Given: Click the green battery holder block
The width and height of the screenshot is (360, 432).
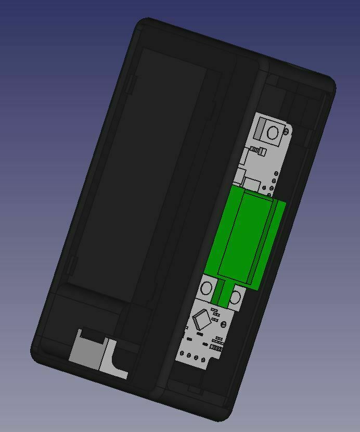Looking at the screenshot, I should [242, 234].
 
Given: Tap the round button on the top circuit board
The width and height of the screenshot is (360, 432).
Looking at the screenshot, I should [273, 133].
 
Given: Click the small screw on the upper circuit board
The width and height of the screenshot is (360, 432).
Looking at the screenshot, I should [257, 151].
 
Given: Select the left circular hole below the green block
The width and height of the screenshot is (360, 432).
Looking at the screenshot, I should [207, 288].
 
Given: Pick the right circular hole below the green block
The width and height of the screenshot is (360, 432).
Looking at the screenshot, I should [236, 298].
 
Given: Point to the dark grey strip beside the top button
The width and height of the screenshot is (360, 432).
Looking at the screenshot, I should [261, 130].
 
